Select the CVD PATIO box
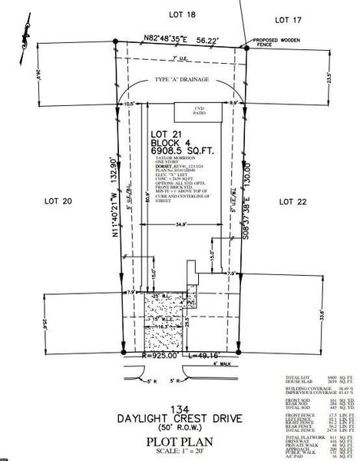(199, 111)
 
